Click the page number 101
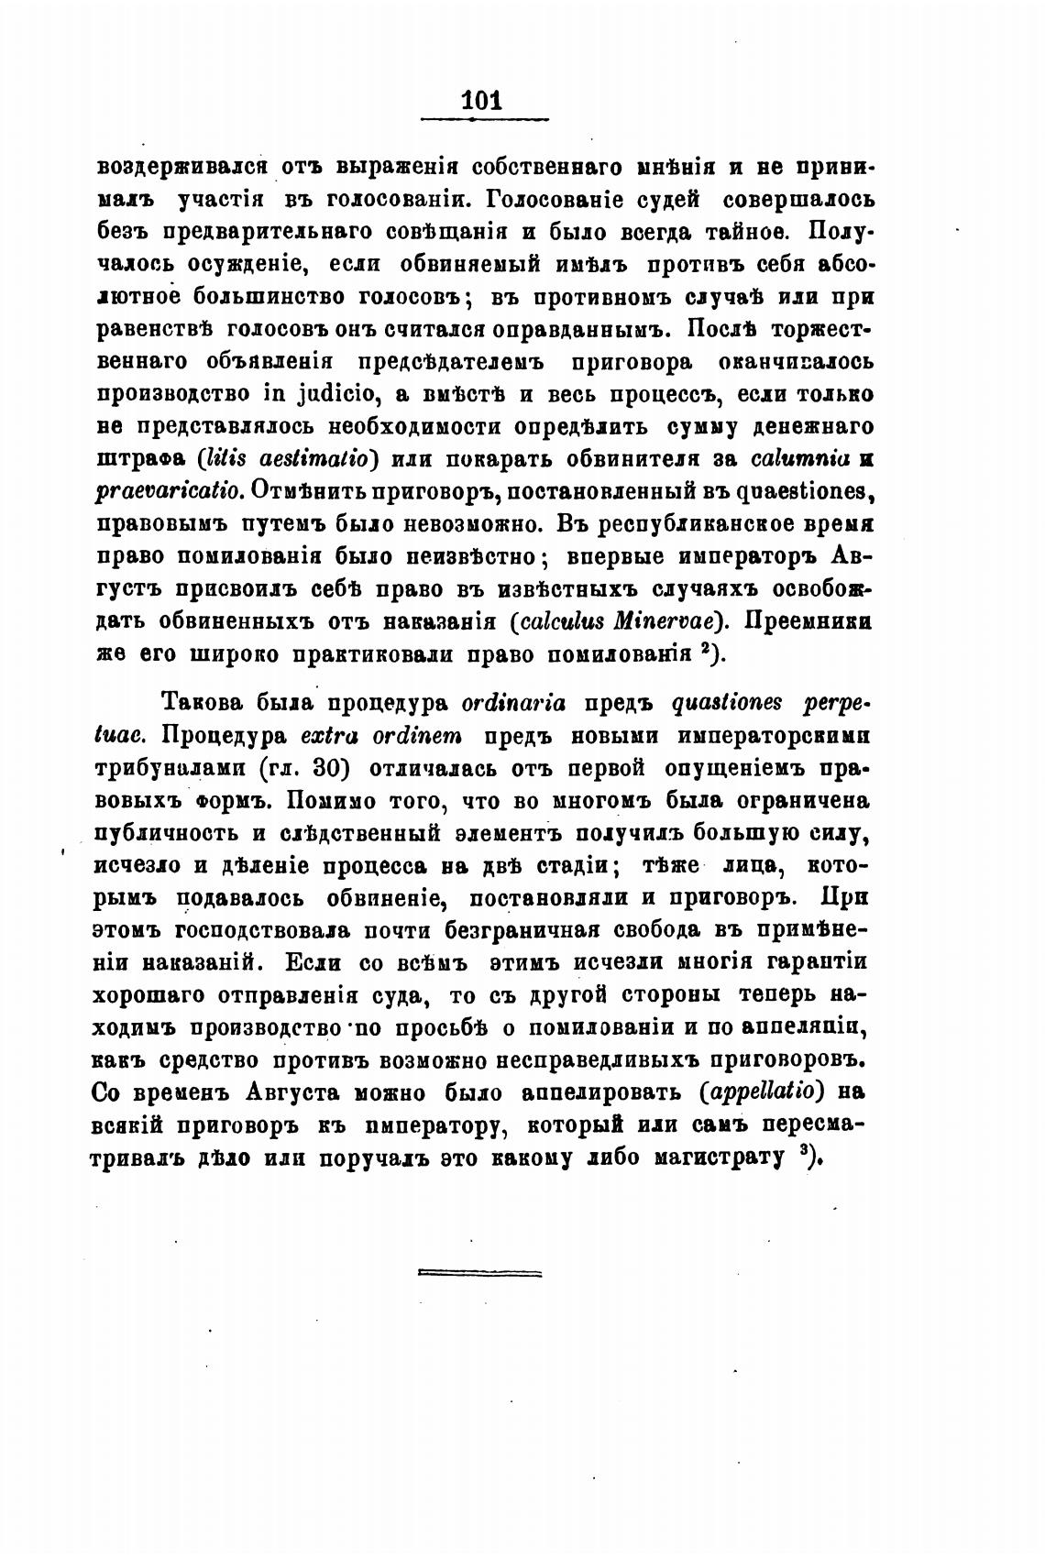(x=482, y=100)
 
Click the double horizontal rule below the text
(x=479, y=1273)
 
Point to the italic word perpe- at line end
(x=835, y=703)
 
